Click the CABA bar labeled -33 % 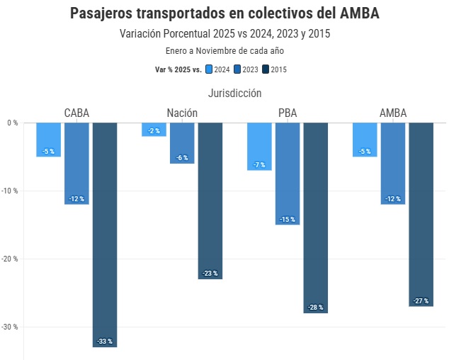tap(105, 234)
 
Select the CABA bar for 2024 tap(48, 139)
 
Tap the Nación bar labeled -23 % tap(210, 201)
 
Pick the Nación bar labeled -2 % tap(154, 129)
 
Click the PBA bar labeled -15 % tap(288, 173)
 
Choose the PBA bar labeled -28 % tap(316, 217)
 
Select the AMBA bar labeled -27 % tap(421, 214)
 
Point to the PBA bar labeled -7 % tap(259, 146)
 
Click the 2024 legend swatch tap(209, 69)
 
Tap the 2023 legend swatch tap(237, 69)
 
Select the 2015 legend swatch tap(266, 69)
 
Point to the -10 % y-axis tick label tap(10, 191)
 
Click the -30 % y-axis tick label tap(10, 327)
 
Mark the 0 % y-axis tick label tap(12, 123)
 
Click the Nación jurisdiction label tap(182, 113)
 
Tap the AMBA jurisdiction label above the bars tap(393, 113)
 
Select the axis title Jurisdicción tap(235, 93)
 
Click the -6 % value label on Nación tap(182, 158)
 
